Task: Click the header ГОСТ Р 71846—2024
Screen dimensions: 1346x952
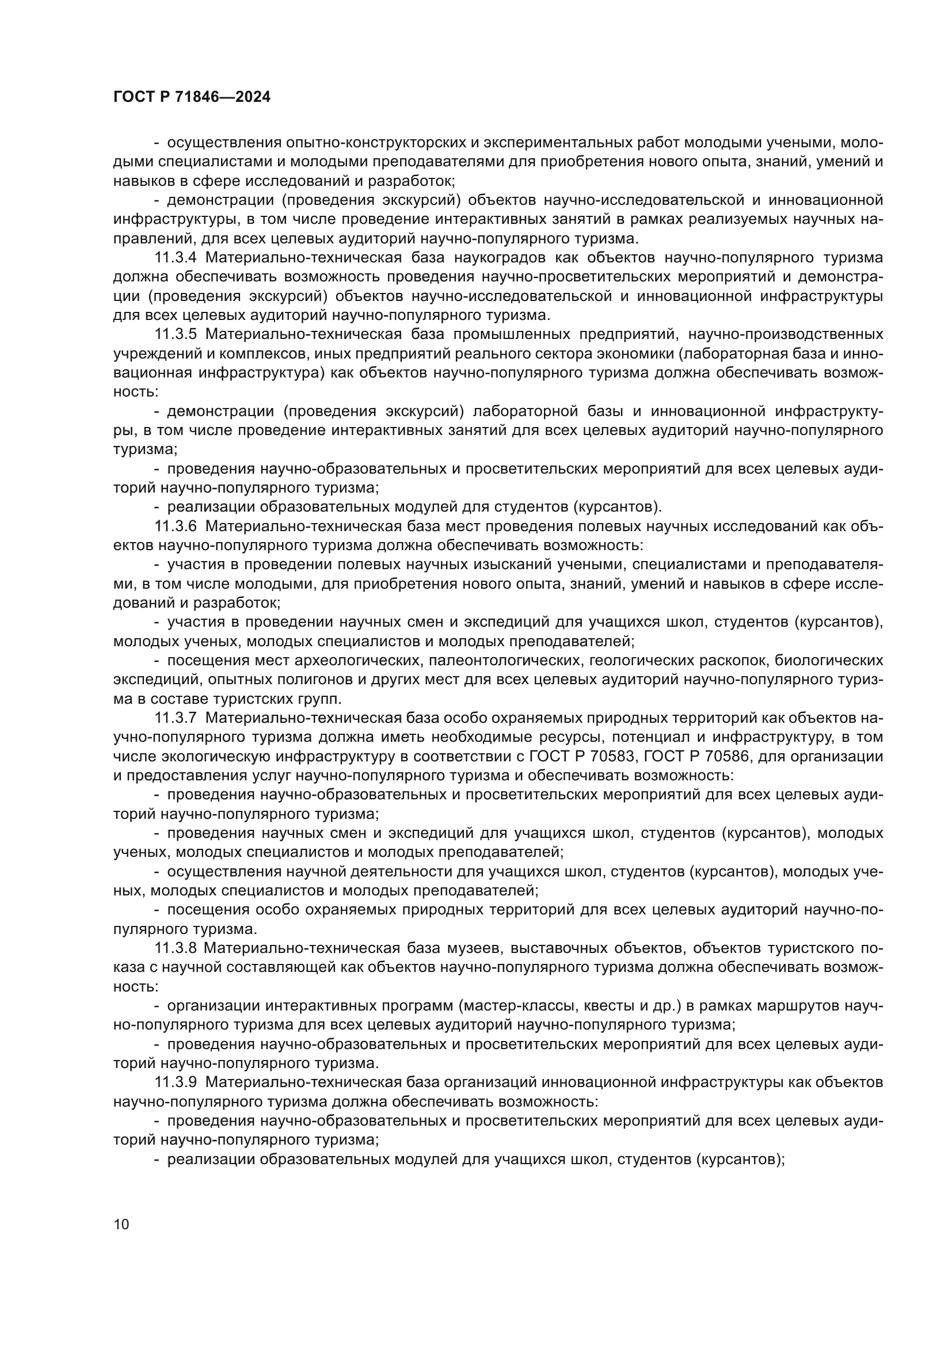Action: (192, 97)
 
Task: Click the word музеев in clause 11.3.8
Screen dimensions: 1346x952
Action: (469, 948)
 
